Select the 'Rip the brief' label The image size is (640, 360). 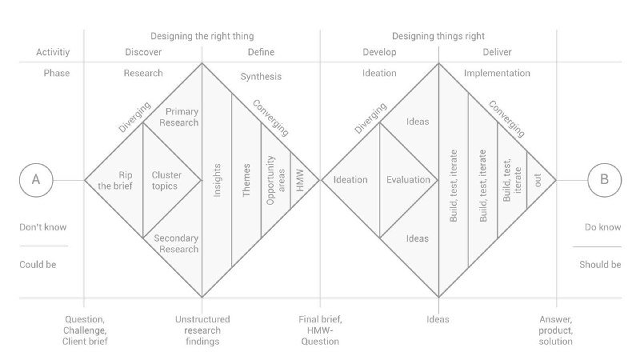click(x=115, y=181)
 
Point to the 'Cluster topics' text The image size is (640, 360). click(x=166, y=181)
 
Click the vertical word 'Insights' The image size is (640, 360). click(x=217, y=181)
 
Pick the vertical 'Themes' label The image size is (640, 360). click(x=246, y=181)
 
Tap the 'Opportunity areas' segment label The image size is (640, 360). click(x=275, y=181)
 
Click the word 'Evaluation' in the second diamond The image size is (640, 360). click(x=408, y=180)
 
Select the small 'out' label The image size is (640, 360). click(x=538, y=180)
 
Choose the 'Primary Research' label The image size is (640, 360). click(x=179, y=117)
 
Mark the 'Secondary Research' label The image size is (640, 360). click(x=176, y=244)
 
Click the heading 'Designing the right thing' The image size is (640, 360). click(x=202, y=36)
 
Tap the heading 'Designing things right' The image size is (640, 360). click(x=438, y=36)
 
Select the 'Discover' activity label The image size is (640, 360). click(x=143, y=52)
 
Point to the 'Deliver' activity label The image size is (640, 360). click(x=497, y=52)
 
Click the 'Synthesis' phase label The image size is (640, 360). click(x=261, y=77)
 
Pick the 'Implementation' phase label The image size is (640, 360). click(x=497, y=74)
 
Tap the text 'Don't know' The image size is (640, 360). click(x=43, y=227)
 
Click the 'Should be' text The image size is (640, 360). click(x=600, y=265)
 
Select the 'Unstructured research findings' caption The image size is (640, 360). click(x=202, y=330)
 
